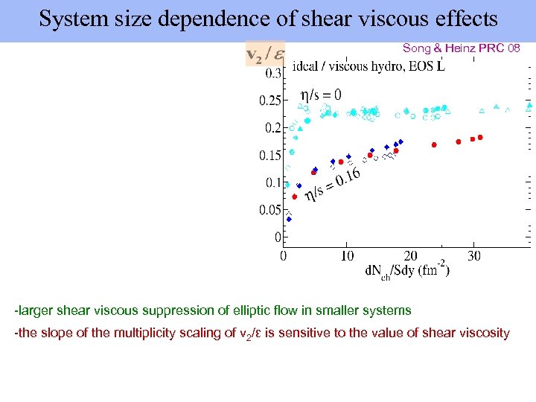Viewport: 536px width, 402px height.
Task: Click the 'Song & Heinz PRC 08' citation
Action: tap(461, 48)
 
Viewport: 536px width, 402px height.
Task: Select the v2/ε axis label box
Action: tap(265, 54)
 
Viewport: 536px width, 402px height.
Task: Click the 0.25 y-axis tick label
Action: tap(269, 100)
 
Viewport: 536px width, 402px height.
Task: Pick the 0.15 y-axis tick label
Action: tap(269, 156)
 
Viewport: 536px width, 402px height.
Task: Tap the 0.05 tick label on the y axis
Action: tap(269, 211)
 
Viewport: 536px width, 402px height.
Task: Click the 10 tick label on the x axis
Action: tap(346, 256)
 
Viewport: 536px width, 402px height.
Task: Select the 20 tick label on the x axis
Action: tap(410, 256)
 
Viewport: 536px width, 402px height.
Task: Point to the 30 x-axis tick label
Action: tap(474, 256)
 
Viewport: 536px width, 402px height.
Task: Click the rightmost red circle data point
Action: tap(481, 137)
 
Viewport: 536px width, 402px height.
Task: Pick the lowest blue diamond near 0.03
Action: tap(289, 219)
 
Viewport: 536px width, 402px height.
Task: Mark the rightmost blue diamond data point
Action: tap(401, 141)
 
